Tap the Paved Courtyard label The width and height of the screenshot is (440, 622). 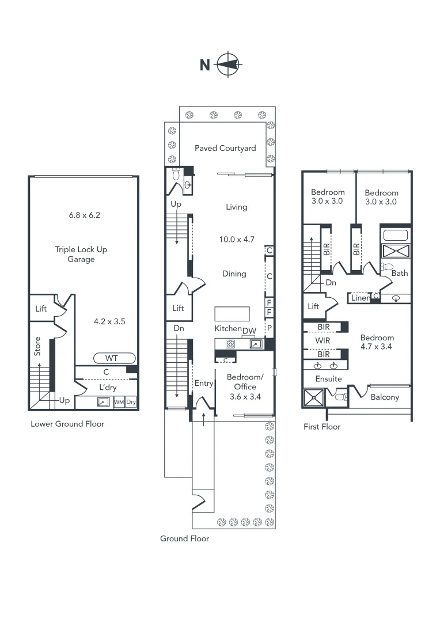tap(225, 148)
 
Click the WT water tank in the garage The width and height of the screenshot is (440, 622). tap(112, 358)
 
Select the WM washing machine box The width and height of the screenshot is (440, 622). tap(119, 402)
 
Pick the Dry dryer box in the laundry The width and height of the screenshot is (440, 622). tap(131, 402)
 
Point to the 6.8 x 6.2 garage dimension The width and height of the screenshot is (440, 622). tap(85, 215)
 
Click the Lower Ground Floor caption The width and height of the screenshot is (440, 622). tap(67, 424)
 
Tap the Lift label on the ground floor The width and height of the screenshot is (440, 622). tap(179, 308)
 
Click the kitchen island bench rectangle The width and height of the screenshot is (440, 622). tap(233, 313)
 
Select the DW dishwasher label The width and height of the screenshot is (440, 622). tap(249, 330)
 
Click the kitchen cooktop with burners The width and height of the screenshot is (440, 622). tap(230, 344)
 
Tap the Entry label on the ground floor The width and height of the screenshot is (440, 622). tap(204, 384)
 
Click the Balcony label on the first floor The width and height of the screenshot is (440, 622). tap(385, 397)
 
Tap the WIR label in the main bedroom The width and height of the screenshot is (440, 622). tap(323, 341)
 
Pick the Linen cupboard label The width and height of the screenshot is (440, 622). tap(360, 298)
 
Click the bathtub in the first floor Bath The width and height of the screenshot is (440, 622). tap(395, 235)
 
